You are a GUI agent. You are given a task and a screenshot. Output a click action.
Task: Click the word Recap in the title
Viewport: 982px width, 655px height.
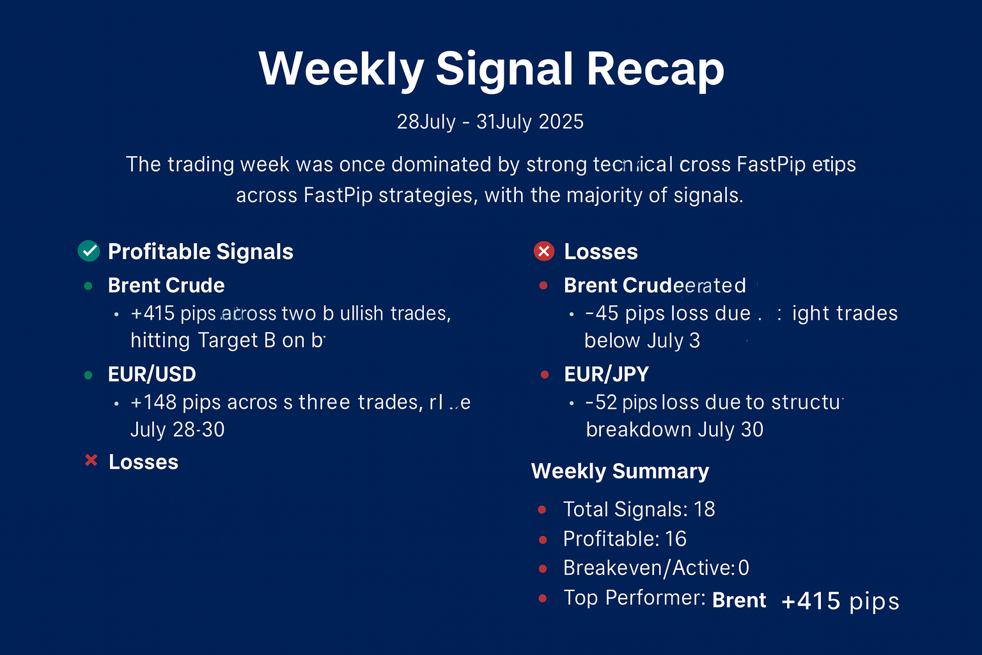[x=655, y=69]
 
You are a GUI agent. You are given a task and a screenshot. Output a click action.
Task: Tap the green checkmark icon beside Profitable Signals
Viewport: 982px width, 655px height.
[x=88, y=251]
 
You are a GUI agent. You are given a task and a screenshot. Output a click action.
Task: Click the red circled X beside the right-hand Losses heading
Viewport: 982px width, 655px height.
[x=543, y=251]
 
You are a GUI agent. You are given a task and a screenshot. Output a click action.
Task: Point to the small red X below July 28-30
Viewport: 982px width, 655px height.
[x=91, y=461]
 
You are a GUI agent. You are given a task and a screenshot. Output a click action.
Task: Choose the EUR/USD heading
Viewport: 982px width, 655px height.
[x=152, y=374]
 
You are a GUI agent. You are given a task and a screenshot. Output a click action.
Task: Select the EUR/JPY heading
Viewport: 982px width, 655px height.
[x=606, y=374]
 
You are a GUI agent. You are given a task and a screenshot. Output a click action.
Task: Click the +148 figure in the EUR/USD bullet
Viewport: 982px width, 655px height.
[x=153, y=402]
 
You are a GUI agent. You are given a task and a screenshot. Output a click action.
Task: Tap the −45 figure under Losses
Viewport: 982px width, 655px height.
[x=602, y=313]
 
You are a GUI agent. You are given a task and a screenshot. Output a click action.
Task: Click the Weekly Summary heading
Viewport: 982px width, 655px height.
[x=620, y=471]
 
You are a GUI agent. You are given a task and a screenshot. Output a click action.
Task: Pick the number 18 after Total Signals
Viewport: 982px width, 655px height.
[x=704, y=509]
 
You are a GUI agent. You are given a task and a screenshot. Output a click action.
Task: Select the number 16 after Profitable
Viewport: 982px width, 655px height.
[x=675, y=539]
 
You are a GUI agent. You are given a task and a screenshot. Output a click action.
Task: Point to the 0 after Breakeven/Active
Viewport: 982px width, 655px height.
[x=744, y=568]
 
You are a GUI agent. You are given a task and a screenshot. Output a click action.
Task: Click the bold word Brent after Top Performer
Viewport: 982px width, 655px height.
[x=739, y=601]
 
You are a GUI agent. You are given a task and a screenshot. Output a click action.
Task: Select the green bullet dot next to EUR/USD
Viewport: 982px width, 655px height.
[x=88, y=375]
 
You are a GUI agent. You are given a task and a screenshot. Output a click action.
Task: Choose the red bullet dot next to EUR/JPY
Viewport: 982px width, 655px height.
[x=544, y=375]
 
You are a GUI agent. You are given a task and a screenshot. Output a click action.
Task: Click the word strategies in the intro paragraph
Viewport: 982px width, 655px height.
[x=428, y=195]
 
